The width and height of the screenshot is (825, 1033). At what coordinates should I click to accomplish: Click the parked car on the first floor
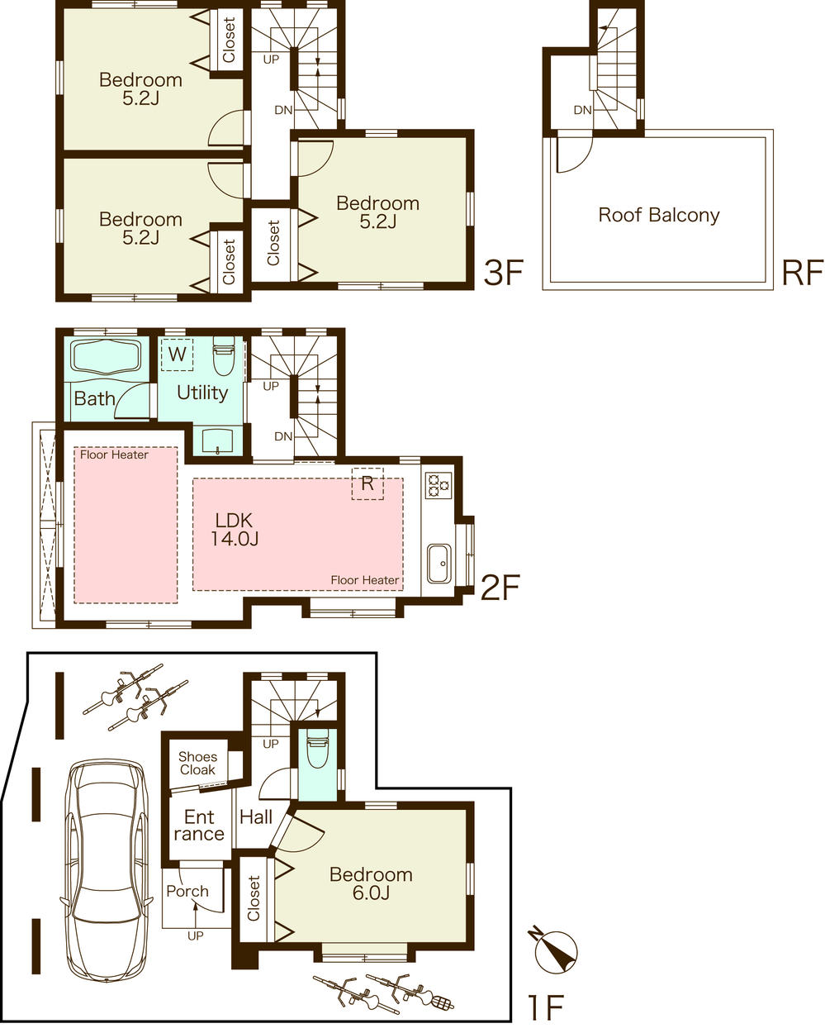tap(107, 868)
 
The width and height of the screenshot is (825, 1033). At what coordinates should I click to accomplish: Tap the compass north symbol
tap(556, 951)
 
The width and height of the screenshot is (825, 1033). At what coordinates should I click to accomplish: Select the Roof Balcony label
tap(658, 216)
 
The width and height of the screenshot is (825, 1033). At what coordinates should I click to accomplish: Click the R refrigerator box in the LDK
tap(367, 484)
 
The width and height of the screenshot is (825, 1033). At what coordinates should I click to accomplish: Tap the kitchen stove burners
tap(438, 483)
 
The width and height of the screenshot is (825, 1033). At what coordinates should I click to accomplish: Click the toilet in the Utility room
tap(224, 357)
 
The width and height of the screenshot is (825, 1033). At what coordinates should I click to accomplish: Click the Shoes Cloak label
tap(197, 763)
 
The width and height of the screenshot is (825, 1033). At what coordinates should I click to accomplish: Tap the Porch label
tap(187, 891)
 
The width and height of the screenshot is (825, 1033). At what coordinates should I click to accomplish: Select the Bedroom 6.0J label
tap(371, 883)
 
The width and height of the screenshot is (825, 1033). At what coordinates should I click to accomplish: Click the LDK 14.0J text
tap(235, 530)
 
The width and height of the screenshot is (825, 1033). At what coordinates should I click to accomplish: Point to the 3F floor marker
tap(503, 272)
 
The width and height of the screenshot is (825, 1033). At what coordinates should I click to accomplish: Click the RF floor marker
tap(802, 272)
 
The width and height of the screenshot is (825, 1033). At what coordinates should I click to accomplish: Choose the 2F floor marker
tap(499, 588)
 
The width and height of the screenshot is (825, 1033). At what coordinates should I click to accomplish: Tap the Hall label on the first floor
tap(256, 817)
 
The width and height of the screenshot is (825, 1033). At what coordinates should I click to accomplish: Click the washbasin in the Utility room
tap(218, 440)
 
